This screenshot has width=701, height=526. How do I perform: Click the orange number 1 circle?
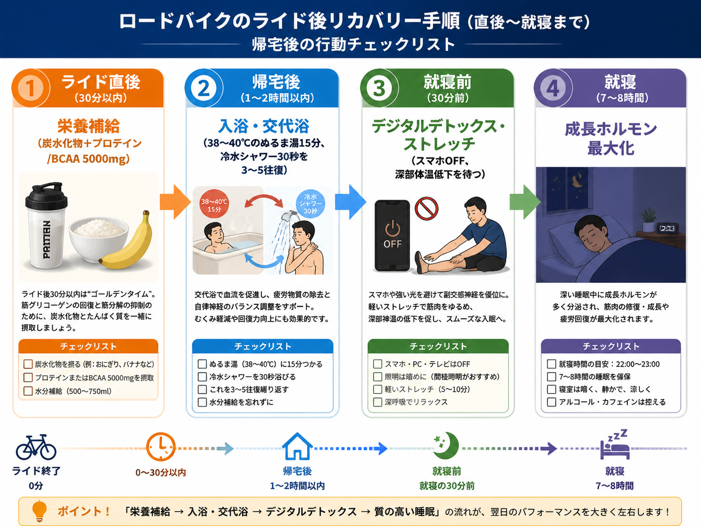tap(30, 88)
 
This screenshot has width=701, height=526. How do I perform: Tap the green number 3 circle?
tap(379, 88)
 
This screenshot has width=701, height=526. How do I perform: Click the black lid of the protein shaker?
tap(46, 195)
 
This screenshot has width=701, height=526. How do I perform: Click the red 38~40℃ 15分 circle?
tap(214, 204)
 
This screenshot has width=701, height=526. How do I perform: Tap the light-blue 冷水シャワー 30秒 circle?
tap(310, 204)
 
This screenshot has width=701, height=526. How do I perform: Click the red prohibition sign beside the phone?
tap(426, 209)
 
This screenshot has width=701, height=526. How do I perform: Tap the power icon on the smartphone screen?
tap(392, 228)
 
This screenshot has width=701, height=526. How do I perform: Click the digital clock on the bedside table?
tap(668, 228)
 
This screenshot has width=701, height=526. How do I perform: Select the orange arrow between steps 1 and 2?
tap(175, 202)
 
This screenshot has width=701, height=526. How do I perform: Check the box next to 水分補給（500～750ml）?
tap(28, 391)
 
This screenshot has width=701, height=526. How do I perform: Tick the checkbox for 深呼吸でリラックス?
tap(377, 402)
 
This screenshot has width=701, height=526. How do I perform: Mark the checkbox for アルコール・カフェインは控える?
tap(551, 402)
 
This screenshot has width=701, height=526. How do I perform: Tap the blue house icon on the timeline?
tap(297, 446)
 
